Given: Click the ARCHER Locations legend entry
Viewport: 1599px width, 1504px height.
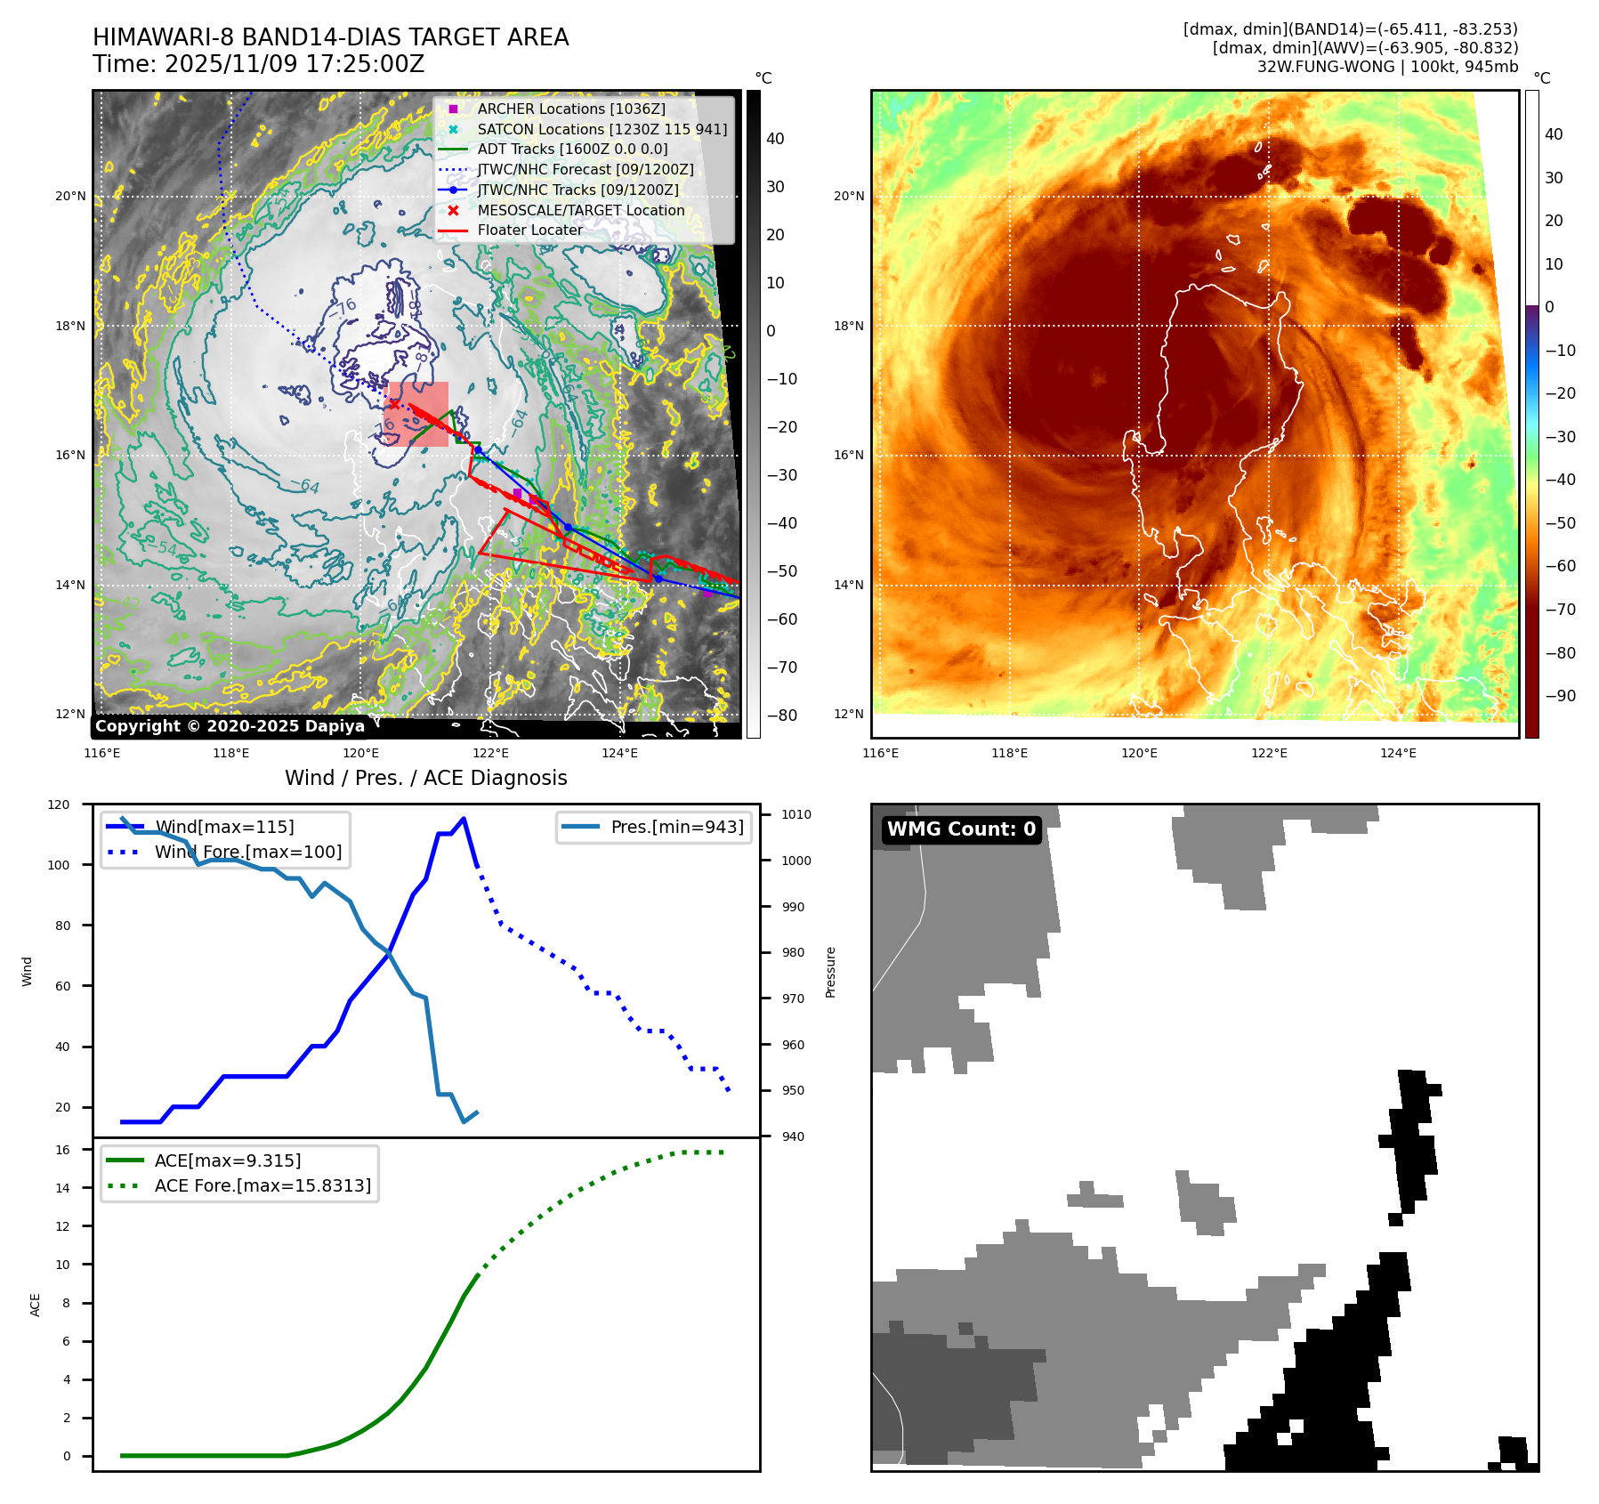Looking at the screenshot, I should point(570,109).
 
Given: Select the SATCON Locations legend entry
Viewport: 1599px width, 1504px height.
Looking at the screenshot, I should point(602,129).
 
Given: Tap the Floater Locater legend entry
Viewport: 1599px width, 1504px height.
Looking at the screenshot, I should point(529,230).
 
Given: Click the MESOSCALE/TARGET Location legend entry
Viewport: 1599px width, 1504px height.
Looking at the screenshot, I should point(580,210).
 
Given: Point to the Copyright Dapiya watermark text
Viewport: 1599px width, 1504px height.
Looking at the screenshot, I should point(230,726).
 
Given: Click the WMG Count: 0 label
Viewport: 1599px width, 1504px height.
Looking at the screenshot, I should point(961,829).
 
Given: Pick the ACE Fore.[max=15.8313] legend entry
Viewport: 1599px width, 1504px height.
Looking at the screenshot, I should point(262,1185).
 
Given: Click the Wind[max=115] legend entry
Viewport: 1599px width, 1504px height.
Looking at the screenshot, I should point(224,827).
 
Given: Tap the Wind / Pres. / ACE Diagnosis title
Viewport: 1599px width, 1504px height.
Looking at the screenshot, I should point(425,778).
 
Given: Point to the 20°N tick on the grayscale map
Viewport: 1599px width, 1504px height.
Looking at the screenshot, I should point(71,196).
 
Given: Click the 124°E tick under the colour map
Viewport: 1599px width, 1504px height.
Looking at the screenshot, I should point(1398,753).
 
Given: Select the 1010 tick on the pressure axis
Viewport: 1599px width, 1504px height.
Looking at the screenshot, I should point(796,814).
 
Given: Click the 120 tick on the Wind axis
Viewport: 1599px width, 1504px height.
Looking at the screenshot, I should point(59,805).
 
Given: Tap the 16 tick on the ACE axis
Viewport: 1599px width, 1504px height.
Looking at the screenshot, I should point(62,1150).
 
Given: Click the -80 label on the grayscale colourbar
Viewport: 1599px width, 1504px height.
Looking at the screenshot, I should point(782,716).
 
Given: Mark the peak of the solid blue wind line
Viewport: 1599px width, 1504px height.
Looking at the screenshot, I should point(464,818).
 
